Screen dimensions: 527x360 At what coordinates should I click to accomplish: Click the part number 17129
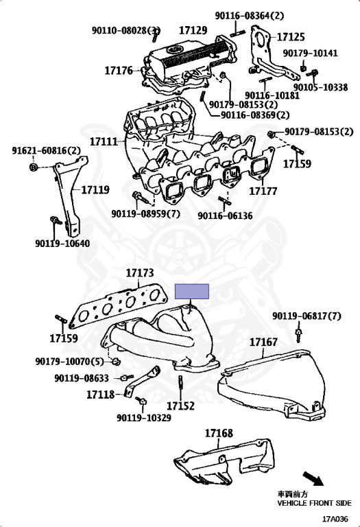tap(193, 30)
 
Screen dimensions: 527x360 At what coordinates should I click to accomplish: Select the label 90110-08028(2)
tap(126, 30)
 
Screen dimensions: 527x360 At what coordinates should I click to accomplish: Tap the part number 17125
tap(291, 36)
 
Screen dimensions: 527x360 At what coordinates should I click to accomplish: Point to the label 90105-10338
tap(320, 88)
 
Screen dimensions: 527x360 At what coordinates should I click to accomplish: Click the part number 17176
tap(119, 70)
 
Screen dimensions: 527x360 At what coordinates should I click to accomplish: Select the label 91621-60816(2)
tap(46, 151)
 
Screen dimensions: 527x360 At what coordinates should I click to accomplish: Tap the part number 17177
tap(263, 191)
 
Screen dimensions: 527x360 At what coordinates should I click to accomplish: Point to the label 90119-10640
tap(62, 243)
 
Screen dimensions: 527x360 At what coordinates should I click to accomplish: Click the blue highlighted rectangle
tap(193, 292)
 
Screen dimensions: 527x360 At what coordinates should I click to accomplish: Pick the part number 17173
tap(139, 273)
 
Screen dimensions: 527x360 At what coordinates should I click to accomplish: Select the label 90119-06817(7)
tap(306, 316)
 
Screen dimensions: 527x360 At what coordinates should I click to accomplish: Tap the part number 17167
tap(263, 341)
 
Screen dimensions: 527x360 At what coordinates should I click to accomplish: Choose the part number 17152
tap(180, 406)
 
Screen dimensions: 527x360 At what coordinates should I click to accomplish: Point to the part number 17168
tap(218, 433)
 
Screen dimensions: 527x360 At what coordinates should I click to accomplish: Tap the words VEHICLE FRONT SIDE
tap(313, 503)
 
